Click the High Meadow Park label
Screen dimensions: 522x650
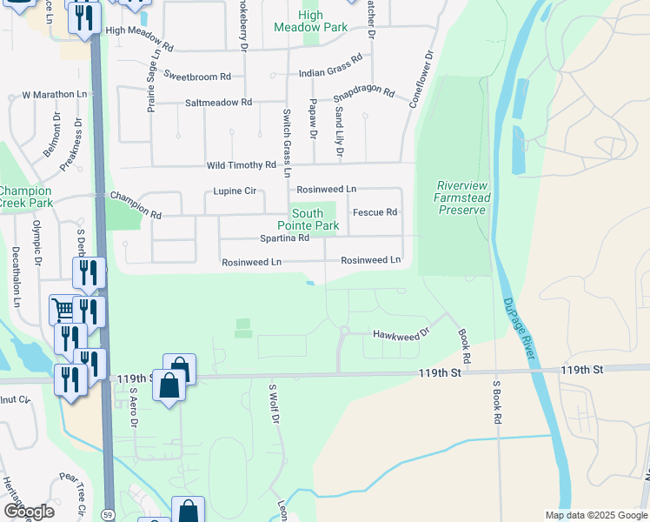click(x=310, y=22)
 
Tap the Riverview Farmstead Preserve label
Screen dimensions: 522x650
click(x=462, y=197)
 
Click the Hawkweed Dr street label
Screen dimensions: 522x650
click(x=401, y=333)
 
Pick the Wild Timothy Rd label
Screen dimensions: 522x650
click(x=241, y=165)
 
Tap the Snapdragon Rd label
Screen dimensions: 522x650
click(x=364, y=93)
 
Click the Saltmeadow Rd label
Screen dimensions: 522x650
click(x=218, y=103)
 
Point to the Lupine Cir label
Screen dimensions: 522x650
click(x=231, y=191)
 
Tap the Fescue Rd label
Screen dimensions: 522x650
click(x=375, y=212)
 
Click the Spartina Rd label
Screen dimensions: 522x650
click(x=284, y=238)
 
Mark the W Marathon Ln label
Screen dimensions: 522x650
click(x=55, y=94)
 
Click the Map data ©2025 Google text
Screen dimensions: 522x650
click(x=595, y=515)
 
